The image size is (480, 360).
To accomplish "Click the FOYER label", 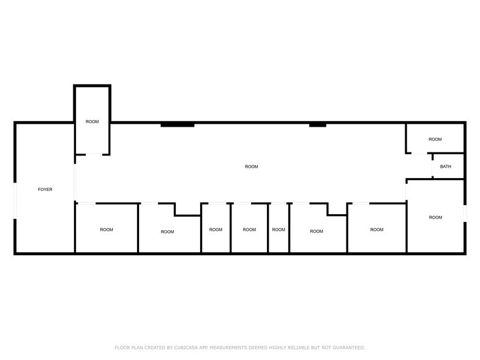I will [45, 190].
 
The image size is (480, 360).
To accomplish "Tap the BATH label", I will [446, 167].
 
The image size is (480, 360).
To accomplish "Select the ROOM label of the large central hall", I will [251, 167].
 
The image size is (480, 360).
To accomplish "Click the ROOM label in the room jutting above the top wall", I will [92, 122].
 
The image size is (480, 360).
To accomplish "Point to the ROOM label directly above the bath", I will [435, 140].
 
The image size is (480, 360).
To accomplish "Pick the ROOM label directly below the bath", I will [435, 217].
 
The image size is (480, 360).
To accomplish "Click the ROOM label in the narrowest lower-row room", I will [279, 230].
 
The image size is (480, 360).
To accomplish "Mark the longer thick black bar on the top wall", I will [178, 125].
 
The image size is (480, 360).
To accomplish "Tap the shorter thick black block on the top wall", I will [317, 125].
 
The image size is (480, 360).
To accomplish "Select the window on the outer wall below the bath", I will [465, 212].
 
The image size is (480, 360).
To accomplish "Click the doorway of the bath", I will [432, 167].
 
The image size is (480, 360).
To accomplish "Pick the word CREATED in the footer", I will [158, 348].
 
